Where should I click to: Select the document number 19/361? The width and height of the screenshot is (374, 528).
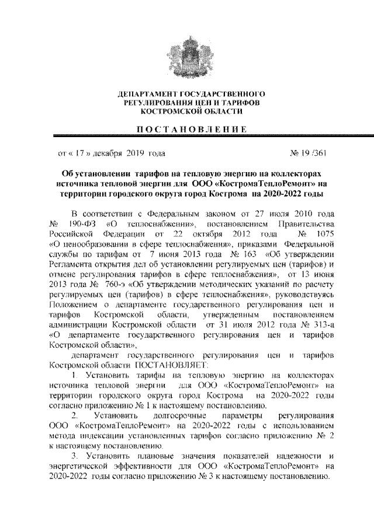[311, 154]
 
